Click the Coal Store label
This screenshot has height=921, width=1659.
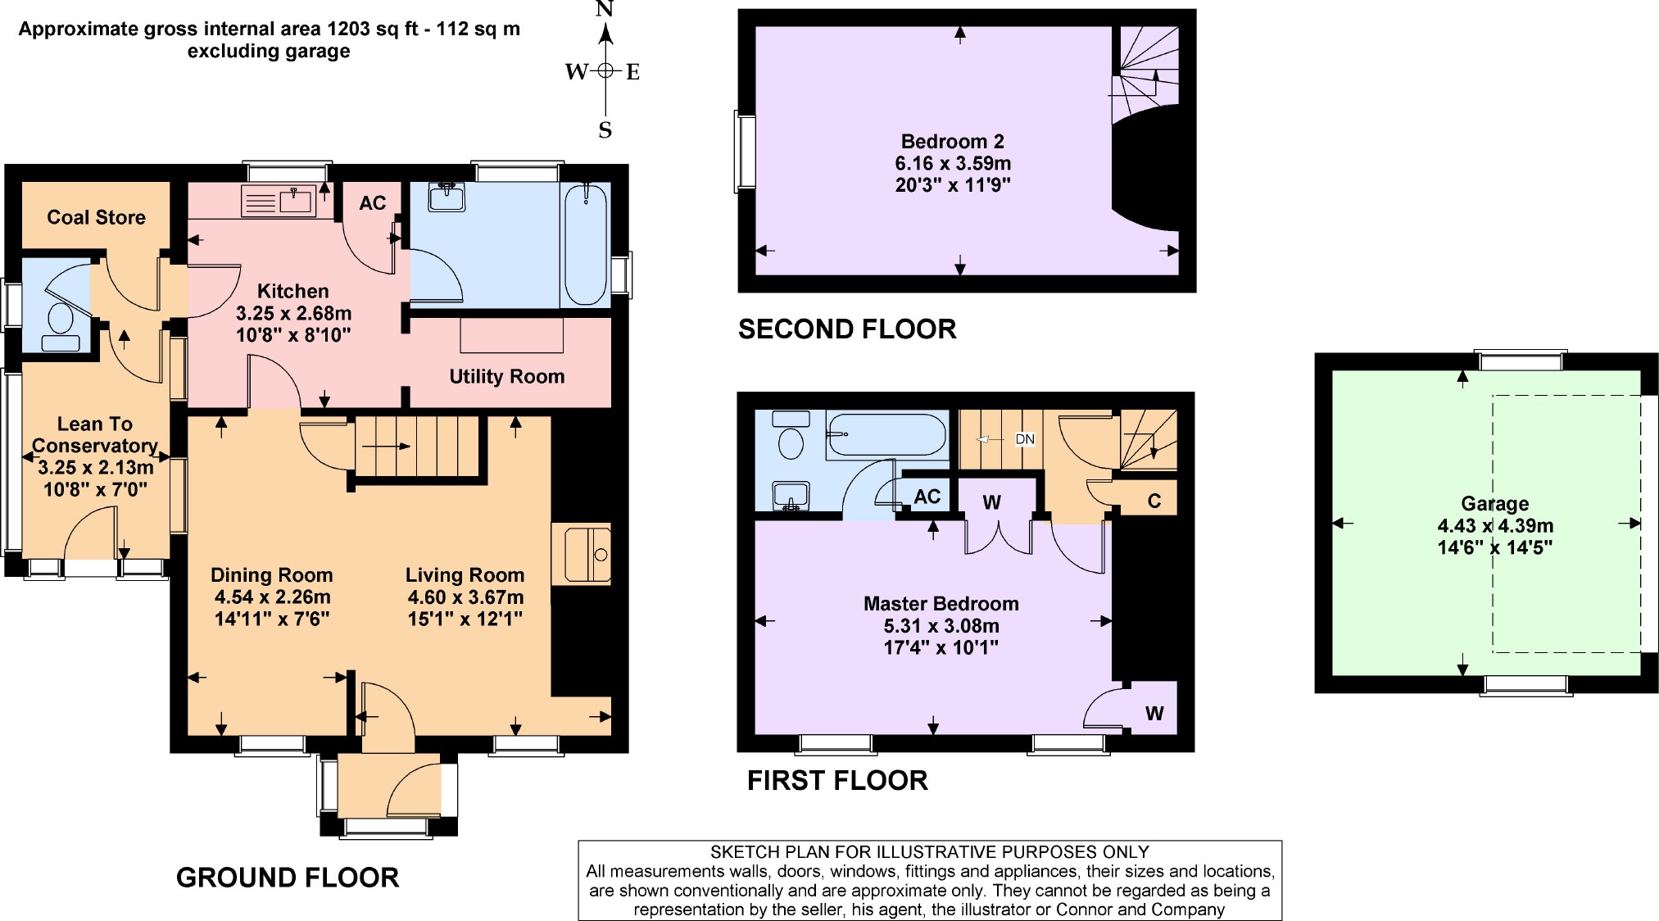pyautogui.click(x=96, y=217)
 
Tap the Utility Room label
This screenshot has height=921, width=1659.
pyautogui.click(x=506, y=376)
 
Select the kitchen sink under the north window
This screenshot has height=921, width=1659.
pyautogui.click(x=279, y=201)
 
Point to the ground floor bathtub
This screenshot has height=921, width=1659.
pyautogui.click(x=585, y=244)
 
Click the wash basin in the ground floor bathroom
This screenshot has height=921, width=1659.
pyautogui.click(x=446, y=197)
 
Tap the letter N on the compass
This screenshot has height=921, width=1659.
pyautogui.click(x=605, y=10)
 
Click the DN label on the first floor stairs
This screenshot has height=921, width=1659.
pyautogui.click(x=1024, y=439)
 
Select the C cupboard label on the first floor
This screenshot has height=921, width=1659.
pyautogui.click(x=1154, y=501)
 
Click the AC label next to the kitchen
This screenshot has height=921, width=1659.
pyautogui.click(x=372, y=203)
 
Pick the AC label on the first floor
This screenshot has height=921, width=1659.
pyautogui.click(x=927, y=497)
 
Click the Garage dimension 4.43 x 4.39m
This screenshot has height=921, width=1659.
pyautogui.click(x=1494, y=526)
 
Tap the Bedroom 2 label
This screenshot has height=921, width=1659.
pyautogui.click(x=952, y=141)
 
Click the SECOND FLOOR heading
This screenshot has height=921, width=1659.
pyautogui.click(x=846, y=329)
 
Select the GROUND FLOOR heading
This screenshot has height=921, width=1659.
pyautogui.click(x=287, y=878)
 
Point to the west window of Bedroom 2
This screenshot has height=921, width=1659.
pyautogui.click(x=746, y=152)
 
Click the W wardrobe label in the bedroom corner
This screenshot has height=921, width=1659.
pyautogui.click(x=1154, y=713)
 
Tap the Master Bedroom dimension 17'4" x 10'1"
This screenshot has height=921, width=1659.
pyautogui.click(x=941, y=647)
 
